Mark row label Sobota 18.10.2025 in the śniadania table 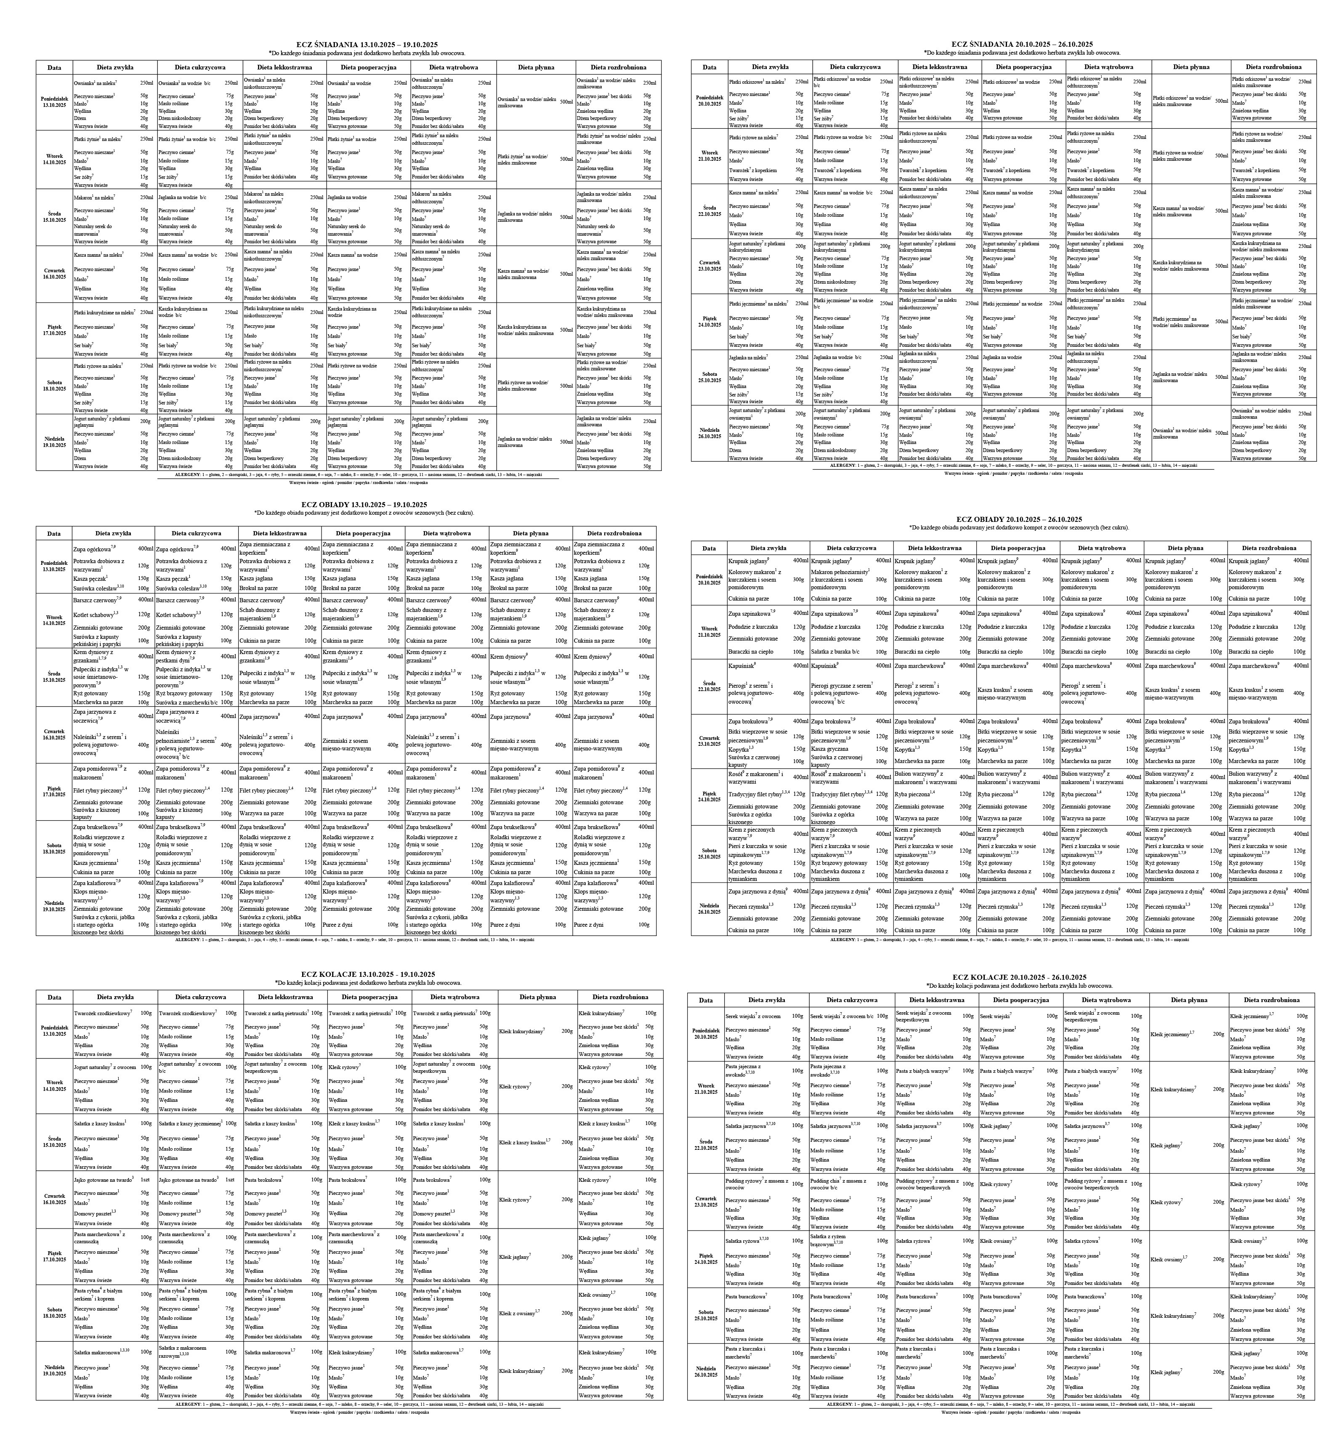pyautogui.click(x=54, y=385)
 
